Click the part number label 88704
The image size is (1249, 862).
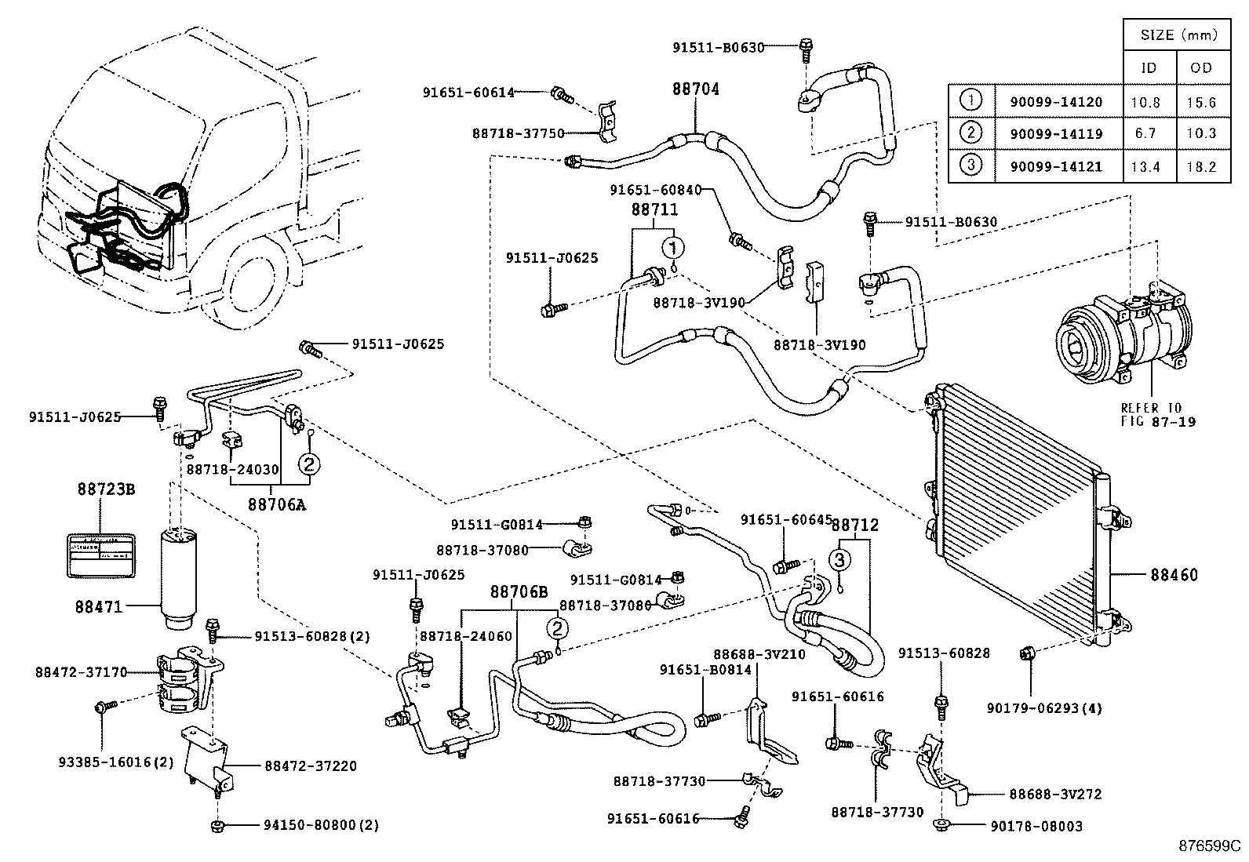click(695, 89)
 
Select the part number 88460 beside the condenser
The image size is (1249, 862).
click(1174, 575)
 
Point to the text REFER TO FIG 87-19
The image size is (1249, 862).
click(1151, 414)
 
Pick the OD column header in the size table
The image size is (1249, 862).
click(1201, 68)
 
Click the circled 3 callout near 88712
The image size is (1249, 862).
click(839, 559)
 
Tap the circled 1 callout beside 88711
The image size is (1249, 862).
click(672, 248)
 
